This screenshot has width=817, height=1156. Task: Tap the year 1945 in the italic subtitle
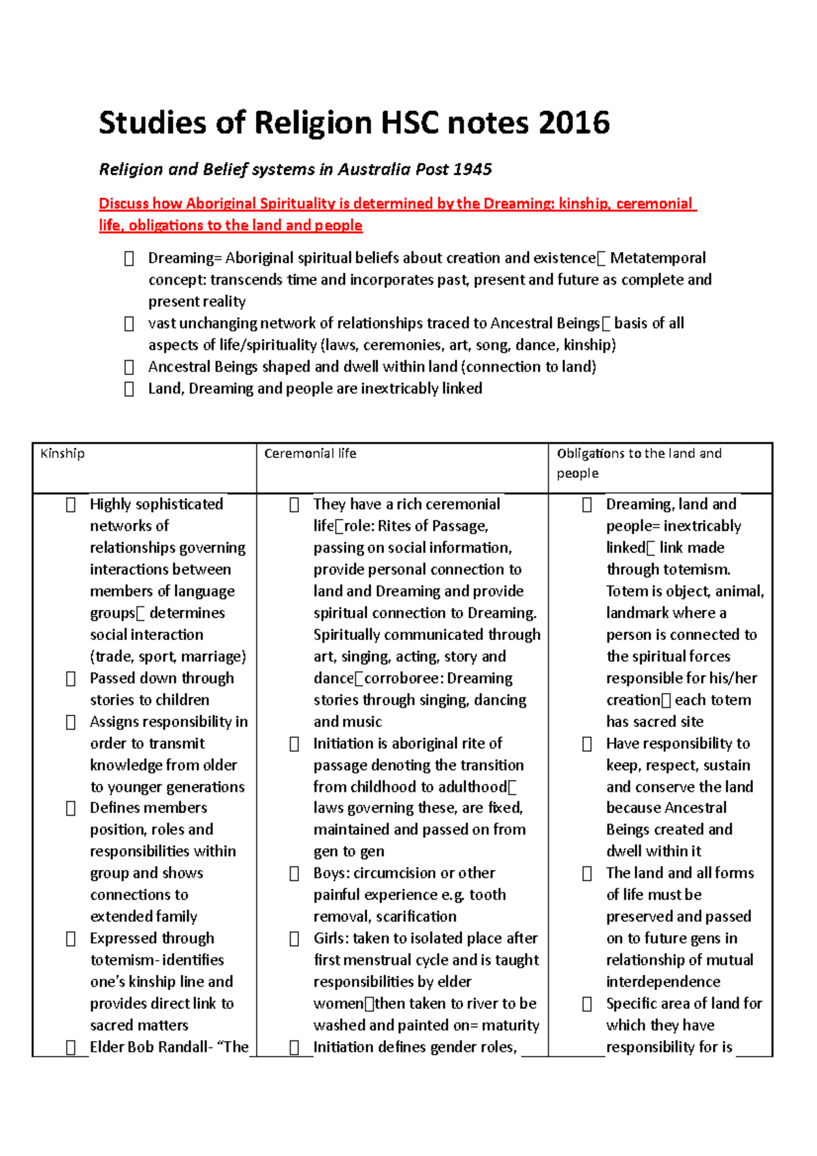point(472,170)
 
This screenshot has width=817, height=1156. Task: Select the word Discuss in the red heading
point(123,204)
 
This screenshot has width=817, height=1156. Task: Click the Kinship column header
point(63,453)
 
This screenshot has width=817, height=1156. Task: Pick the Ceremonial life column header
point(310,453)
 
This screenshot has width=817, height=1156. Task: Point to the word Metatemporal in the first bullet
point(658,258)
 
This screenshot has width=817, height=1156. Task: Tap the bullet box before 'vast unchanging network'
point(129,324)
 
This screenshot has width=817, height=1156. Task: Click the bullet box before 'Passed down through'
point(70,679)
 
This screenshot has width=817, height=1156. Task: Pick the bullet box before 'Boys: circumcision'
point(294,873)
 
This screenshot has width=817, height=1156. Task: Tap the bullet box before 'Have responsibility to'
point(587,744)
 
